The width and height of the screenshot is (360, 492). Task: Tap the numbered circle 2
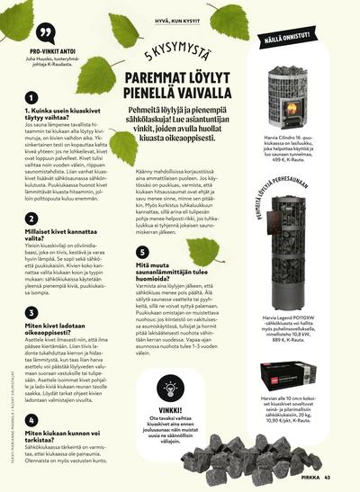[32, 219]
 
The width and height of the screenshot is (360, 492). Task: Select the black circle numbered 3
[32, 312]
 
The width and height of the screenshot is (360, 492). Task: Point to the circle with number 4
[32, 419]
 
